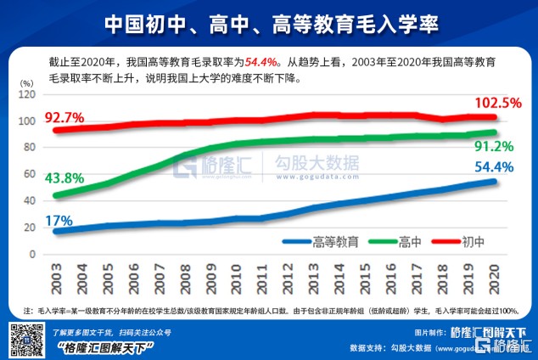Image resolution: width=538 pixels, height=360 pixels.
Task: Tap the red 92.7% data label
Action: coord(67,116)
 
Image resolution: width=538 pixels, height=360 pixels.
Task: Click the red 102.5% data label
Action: coord(496,103)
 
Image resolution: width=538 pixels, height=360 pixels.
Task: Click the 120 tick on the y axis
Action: coord(29,94)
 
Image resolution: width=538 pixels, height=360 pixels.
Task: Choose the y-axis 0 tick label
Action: coord(35,254)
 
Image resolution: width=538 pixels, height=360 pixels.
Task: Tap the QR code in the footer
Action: coord(25,340)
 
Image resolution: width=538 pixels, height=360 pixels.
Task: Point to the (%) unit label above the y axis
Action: coord(27,82)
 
